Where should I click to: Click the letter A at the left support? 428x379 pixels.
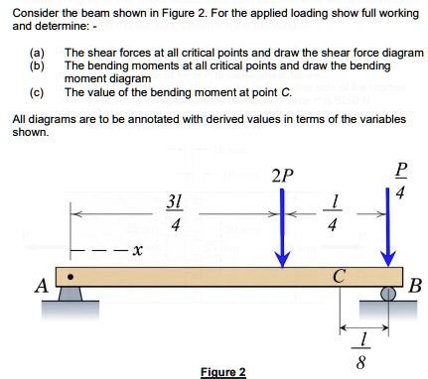click(x=41, y=287)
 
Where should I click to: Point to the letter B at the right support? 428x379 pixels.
click(x=415, y=288)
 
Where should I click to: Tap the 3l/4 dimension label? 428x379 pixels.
click(x=175, y=212)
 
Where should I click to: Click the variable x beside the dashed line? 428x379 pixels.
click(x=136, y=250)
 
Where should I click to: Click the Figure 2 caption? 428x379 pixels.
click(x=222, y=371)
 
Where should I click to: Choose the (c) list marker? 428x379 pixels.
click(x=37, y=91)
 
